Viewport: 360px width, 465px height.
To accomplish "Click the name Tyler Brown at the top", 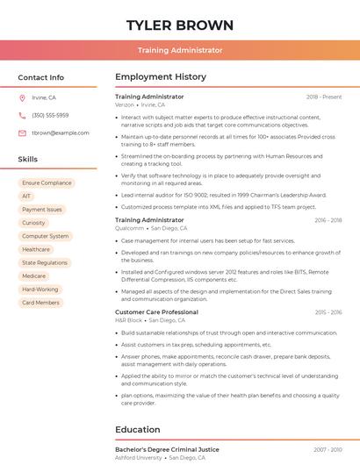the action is coord(180,25).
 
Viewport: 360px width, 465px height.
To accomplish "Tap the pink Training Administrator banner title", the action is coord(180,51).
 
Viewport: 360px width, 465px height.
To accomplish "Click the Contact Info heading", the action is coord(40,77).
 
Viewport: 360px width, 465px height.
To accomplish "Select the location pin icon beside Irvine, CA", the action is coord(22,98).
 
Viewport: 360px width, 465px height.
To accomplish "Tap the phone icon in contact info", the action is coord(22,116).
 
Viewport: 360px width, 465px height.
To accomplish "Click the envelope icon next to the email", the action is coord(22,133).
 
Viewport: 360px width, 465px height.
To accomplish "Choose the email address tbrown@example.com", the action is coord(61,133).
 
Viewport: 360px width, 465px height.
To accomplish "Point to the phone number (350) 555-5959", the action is coord(50,116).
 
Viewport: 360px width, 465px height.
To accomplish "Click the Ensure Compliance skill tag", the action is coord(47,183).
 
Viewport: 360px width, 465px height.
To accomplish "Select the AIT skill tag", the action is coord(26,197).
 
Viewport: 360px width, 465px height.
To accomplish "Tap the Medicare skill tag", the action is coord(33,276).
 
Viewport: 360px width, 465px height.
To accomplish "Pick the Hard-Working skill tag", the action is coord(40,290).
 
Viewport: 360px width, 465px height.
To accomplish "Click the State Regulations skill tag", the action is coord(44,263).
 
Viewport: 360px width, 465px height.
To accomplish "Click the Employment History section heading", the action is coord(161,77).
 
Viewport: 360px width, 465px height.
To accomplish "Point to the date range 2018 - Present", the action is coord(324,97).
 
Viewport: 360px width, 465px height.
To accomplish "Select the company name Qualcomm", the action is coord(129,228).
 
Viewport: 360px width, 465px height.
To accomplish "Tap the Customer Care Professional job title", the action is coord(156,312).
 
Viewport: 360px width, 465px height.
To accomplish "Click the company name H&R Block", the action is coord(128,320).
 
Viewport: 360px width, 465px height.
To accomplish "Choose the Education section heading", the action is coord(138,430).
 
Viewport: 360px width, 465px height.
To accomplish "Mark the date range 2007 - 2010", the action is coord(328,450).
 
